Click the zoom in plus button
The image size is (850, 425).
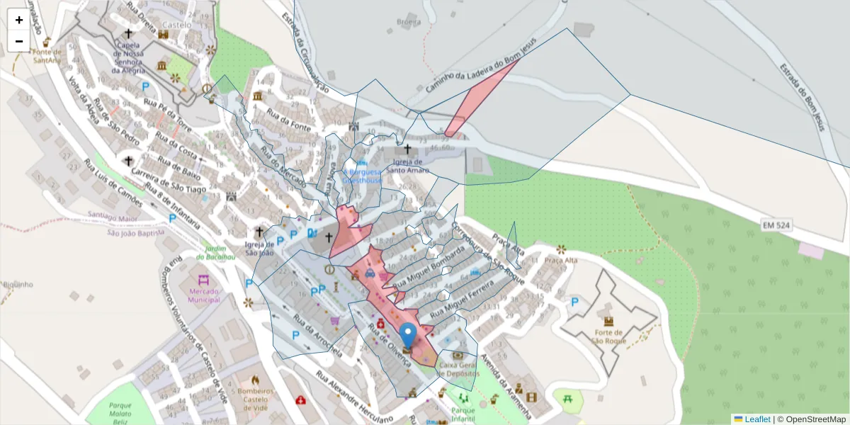pos(19,20)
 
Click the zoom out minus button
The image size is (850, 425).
pos(19,41)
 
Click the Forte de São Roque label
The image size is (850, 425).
pos(608,336)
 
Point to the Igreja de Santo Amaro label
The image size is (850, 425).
pos(407,166)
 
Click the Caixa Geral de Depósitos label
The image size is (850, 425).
pos(459,369)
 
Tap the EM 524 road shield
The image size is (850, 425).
pos(776,225)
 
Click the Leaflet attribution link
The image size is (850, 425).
pos(757,419)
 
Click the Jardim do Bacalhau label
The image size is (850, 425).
pos(220,252)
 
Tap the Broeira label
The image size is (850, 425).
pos(409,22)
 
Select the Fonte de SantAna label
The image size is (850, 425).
pos(47,56)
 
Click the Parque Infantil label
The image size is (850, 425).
pos(463,413)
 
